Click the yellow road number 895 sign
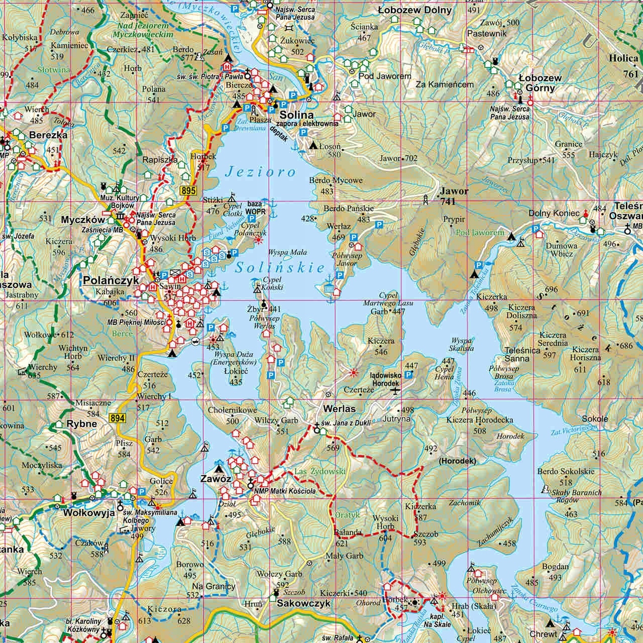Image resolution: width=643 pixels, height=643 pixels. pos(187,190)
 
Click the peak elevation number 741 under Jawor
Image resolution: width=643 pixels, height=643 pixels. pos(447,201)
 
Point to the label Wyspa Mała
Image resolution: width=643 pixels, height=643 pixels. pos(288,252)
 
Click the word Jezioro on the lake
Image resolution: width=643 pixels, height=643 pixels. pos(261,172)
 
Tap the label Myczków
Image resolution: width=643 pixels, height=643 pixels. pos(83,220)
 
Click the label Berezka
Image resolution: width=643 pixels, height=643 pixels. pos(48,135)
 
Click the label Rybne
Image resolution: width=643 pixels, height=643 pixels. pos(81,423)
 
